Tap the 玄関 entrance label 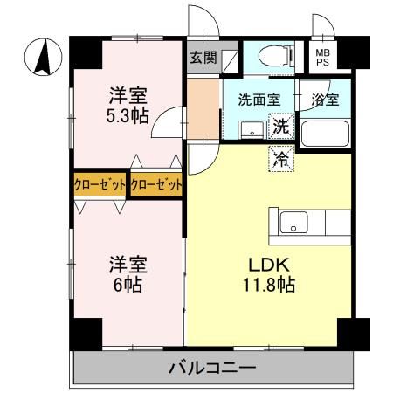(x=202, y=59)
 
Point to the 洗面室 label (x=259, y=100)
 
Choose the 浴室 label (x=325, y=100)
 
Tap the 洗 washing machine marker (x=281, y=128)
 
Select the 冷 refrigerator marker (x=281, y=158)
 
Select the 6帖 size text (x=127, y=285)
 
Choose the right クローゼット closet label (x=157, y=184)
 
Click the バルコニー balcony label (x=212, y=367)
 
